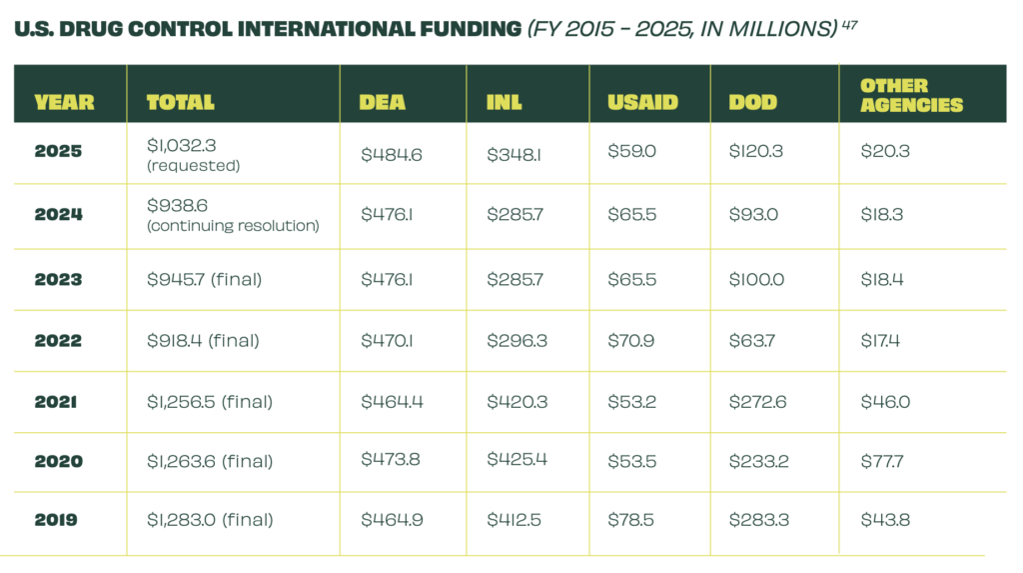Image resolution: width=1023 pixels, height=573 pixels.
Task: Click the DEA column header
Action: coord(382,102)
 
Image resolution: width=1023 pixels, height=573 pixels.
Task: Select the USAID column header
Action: coord(642,102)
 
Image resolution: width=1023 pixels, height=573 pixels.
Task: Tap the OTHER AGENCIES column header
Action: coord(911,95)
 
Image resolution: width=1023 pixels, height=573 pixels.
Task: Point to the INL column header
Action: coord(505,102)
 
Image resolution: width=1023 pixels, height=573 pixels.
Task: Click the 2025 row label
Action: coord(58,152)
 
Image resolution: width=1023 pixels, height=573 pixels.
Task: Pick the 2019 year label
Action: coord(56,520)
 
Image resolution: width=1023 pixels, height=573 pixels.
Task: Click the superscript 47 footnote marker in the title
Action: coord(848,23)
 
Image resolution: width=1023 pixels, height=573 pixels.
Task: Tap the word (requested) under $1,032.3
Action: coord(193,166)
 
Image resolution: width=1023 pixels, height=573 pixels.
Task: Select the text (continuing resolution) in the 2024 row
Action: coord(233,226)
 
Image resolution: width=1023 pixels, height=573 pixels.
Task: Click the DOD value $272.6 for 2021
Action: coord(756,402)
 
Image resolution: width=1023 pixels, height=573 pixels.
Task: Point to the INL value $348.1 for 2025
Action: coord(514,154)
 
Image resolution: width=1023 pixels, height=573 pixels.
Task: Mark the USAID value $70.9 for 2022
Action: coord(631,340)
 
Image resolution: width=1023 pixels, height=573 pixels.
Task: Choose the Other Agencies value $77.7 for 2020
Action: coord(883,461)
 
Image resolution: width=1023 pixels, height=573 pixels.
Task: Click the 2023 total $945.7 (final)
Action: coord(204,279)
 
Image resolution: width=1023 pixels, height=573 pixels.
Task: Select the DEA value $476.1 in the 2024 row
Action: coord(387,214)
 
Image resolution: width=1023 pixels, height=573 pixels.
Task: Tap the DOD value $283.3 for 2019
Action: coord(757,520)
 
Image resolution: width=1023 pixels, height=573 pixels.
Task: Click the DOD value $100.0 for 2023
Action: coord(756,279)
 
